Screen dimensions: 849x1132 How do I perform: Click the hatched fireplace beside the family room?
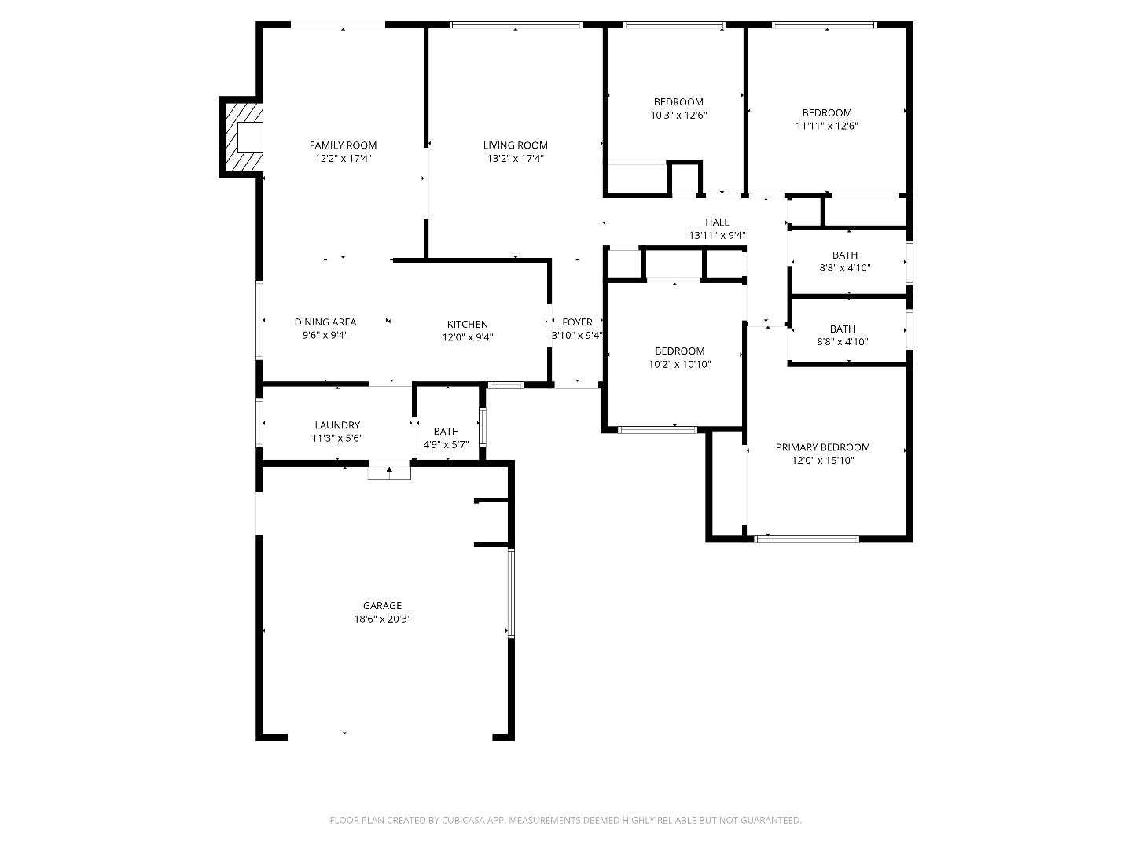pos(242,138)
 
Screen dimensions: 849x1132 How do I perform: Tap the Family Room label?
pos(343,145)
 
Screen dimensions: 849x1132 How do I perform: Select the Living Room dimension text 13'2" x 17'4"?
pos(515,159)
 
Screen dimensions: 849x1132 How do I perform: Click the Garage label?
pos(382,605)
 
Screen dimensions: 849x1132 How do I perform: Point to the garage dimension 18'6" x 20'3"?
pos(382,619)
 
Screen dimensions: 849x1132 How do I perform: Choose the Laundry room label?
pos(337,425)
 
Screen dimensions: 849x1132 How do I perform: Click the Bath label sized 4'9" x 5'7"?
pos(446,431)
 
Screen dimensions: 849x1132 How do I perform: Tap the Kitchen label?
pos(467,324)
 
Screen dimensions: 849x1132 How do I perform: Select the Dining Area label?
pos(325,322)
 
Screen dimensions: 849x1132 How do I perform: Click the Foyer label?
pos(577,322)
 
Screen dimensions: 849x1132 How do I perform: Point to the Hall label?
pos(717,222)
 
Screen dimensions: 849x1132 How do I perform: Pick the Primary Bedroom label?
pos(822,447)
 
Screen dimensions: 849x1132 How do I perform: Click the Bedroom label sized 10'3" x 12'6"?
pos(678,101)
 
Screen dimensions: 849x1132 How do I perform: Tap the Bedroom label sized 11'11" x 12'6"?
pos(826,112)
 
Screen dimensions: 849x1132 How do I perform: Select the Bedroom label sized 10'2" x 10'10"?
pos(679,351)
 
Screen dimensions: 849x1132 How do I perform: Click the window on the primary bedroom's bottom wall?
pos(807,539)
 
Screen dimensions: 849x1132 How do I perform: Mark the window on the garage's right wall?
pos(510,593)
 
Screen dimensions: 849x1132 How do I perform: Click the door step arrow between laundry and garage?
pos(389,471)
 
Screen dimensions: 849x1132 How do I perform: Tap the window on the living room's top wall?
pos(516,25)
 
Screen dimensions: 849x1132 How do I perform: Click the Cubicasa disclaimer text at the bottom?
pos(565,820)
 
